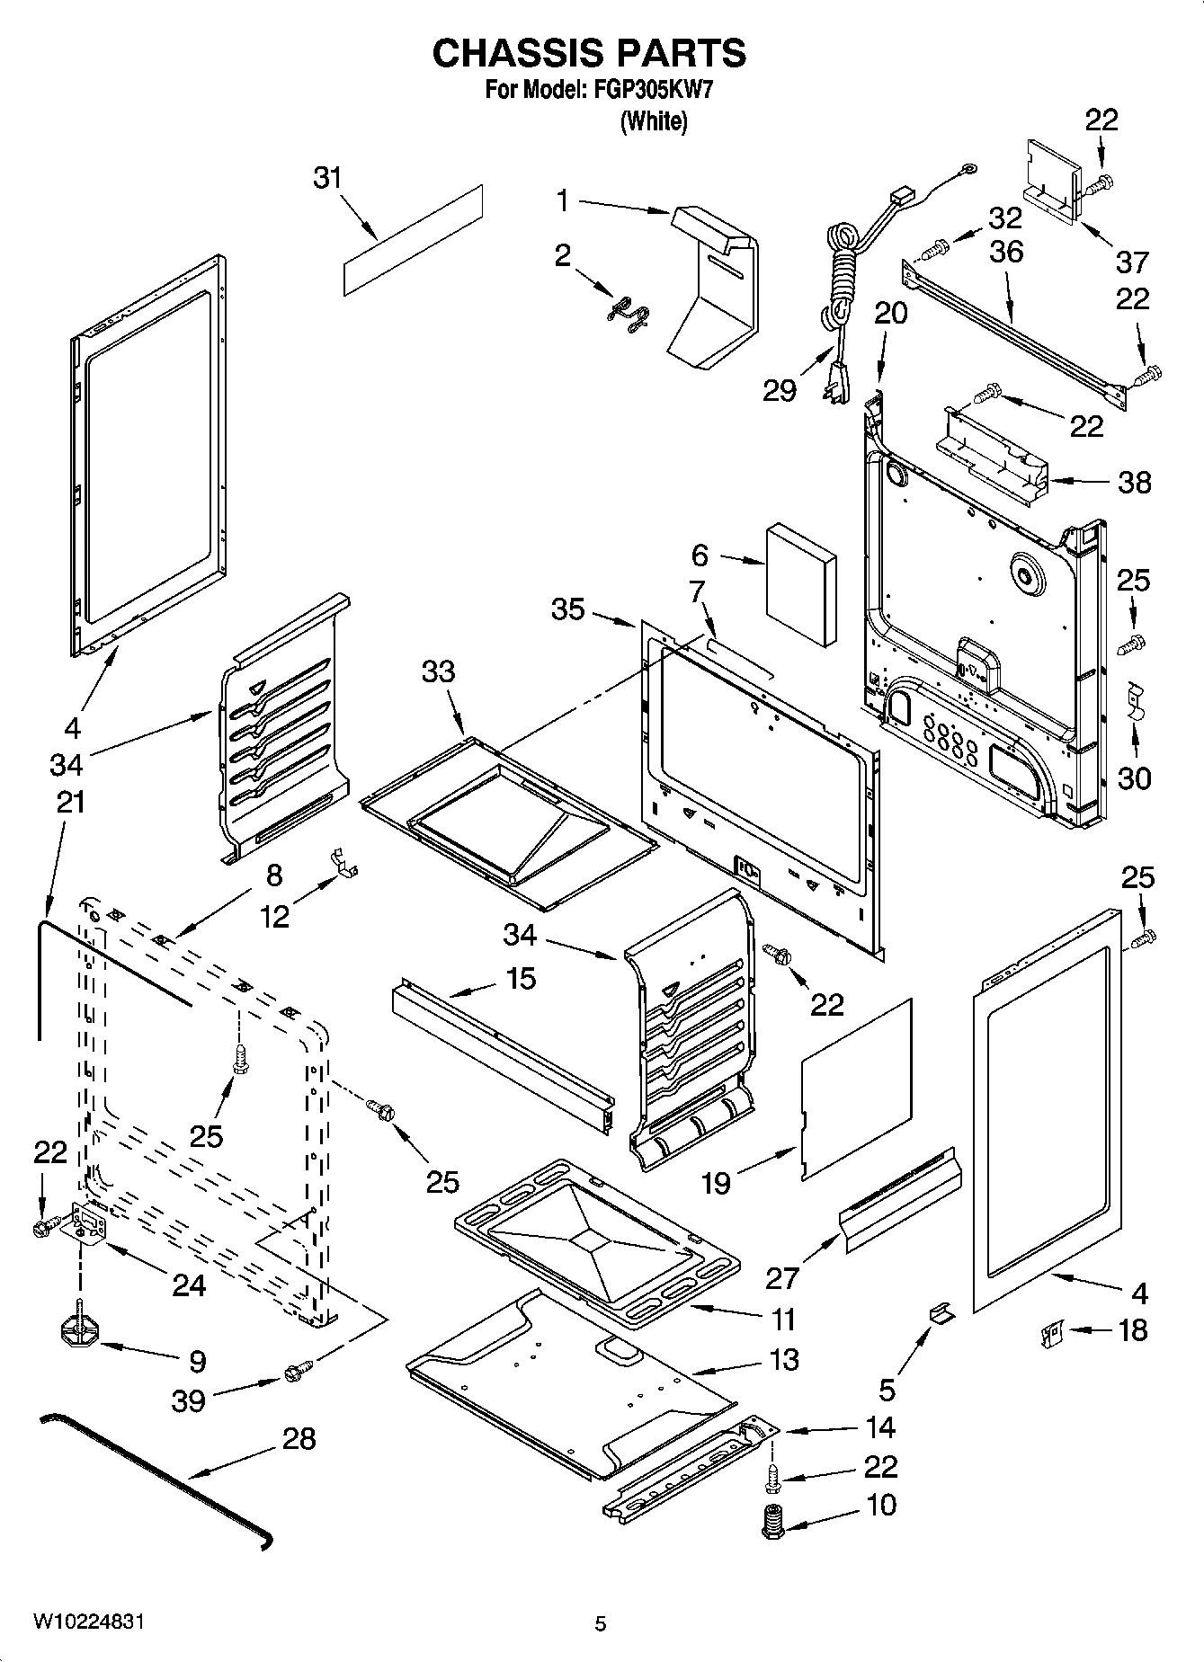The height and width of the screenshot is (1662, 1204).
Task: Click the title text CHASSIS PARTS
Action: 589,54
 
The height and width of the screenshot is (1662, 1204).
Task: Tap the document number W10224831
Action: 89,1621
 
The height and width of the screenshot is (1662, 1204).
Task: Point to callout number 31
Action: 327,178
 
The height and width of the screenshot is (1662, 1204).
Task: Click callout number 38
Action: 1134,483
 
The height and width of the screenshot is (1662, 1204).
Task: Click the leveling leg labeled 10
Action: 771,1523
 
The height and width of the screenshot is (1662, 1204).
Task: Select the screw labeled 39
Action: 298,1371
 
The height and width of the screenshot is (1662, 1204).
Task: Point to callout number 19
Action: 716,1183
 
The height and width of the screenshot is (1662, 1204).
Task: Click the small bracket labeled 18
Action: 1050,1334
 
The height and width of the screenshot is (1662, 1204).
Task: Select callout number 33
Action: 438,671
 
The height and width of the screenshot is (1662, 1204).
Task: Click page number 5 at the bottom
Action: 600,1623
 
